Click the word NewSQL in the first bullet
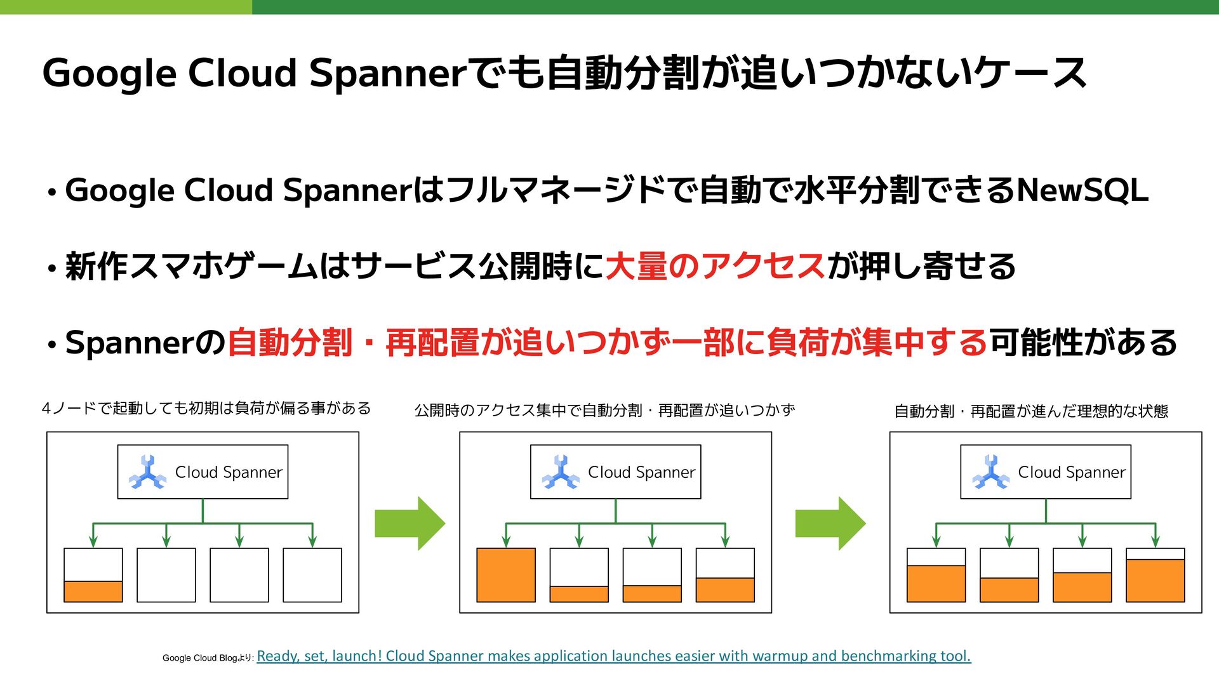[x=1082, y=190]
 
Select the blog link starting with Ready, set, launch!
[x=613, y=656]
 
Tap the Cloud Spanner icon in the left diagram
[x=147, y=472]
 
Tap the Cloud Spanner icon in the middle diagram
[x=560, y=472]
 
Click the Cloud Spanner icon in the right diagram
[x=990, y=472]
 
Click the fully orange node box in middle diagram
[x=506, y=575]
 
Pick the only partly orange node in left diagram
[x=93, y=575]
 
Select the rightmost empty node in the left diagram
[x=312, y=575]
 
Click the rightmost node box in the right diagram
[x=1156, y=575]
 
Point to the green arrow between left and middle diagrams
[x=410, y=524]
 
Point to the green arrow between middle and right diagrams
[x=830, y=524]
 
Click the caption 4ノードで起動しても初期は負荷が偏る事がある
[x=206, y=408]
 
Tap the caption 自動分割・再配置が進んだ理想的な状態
[x=1031, y=411]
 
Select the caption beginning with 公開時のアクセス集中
[x=604, y=411]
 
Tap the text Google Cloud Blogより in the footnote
[x=208, y=658]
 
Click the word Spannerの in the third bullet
[x=145, y=343]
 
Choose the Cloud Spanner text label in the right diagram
[x=1072, y=472]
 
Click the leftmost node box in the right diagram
[x=936, y=575]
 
